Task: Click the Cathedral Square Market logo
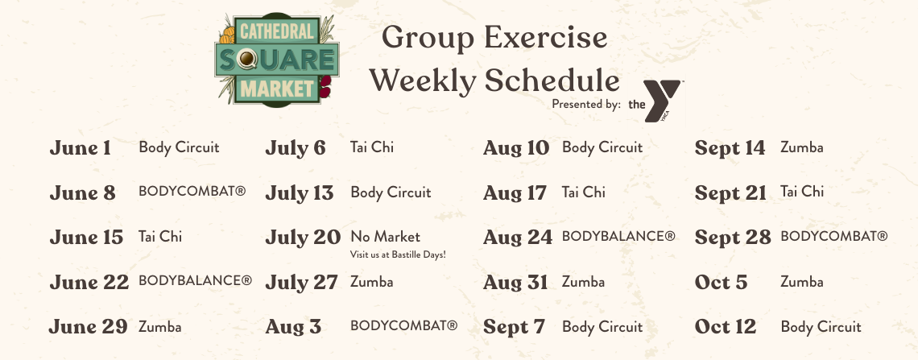click(x=276, y=59)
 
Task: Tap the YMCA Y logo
click(x=663, y=101)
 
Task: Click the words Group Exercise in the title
click(x=494, y=38)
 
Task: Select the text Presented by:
click(x=585, y=104)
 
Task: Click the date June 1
click(x=81, y=147)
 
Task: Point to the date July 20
click(x=303, y=237)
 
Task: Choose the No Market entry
click(x=385, y=237)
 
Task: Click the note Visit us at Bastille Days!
click(x=398, y=254)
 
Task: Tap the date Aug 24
click(x=518, y=237)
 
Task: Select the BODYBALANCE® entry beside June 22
click(x=195, y=280)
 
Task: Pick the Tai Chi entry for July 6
click(x=372, y=147)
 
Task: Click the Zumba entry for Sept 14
click(x=801, y=147)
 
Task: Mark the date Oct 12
click(x=726, y=327)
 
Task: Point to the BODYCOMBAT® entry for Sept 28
click(x=833, y=237)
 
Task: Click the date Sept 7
click(x=514, y=327)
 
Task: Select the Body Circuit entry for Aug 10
click(x=602, y=147)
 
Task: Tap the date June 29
click(x=88, y=327)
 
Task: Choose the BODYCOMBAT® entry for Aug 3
click(x=404, y=325)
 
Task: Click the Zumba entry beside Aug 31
click(x=583, y=282)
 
